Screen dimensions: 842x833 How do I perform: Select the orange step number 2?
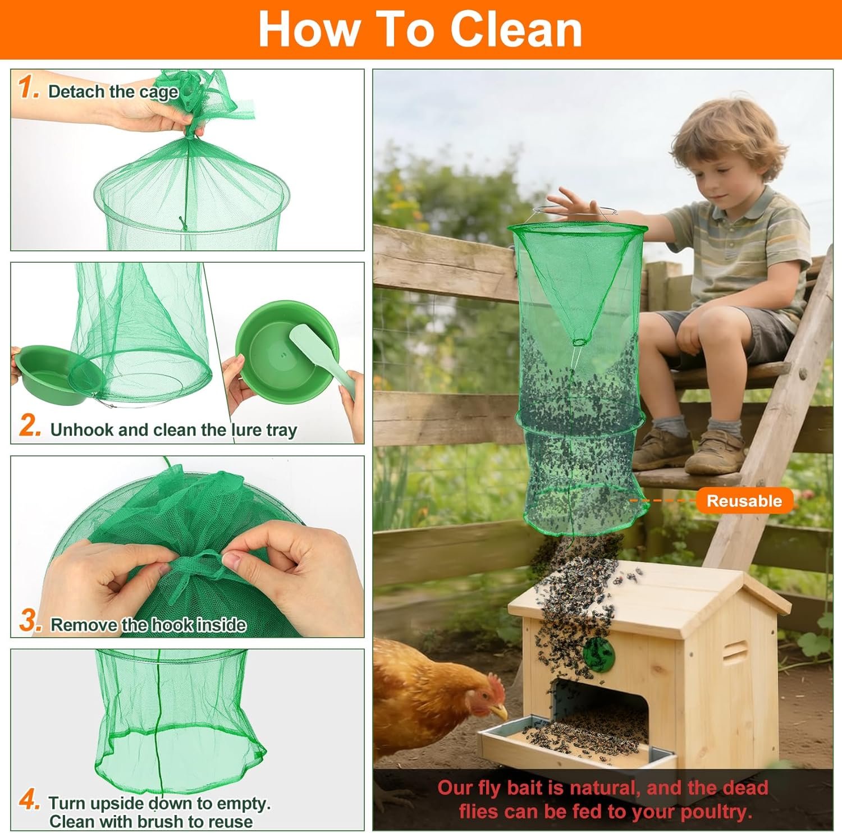(x=30, y=426)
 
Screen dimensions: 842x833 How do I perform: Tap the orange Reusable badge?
(x=744, y=501)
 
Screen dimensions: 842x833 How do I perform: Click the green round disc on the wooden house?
(x=598, y=652)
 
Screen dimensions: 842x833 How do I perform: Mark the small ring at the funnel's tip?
(x=580, y=341)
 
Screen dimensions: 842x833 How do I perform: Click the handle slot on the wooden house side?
(x=736, y=652)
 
